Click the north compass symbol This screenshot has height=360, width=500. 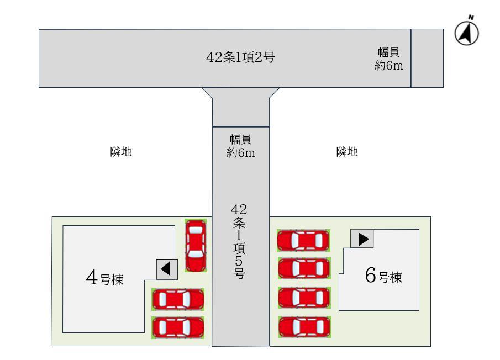click(x=466, y=33)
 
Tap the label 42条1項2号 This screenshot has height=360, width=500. click(x=240, y=57)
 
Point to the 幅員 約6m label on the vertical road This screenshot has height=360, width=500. click(x=241, y=146)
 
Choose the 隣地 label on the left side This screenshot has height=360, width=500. click(x=121, y=152)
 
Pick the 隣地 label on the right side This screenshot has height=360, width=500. click(x=347, y=152)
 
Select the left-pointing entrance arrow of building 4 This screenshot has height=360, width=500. click(x=166, y=269)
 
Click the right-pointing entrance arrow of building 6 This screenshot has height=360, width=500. click(x=362, y=239)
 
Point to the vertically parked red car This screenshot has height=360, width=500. click(x=195, y=245)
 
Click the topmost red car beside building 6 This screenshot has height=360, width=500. click(x=303, y=241)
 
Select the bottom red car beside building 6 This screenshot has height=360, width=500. click(x=305, y=326)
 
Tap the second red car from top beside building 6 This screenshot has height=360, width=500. click(x=304, y=268)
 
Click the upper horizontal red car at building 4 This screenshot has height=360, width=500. click(x=178, y=300)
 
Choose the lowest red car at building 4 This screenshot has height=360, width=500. click(x=178, y=327)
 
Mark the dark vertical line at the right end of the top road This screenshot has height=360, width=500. click(x=411, y=59)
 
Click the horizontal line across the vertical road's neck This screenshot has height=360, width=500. click(x=241, y=127)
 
